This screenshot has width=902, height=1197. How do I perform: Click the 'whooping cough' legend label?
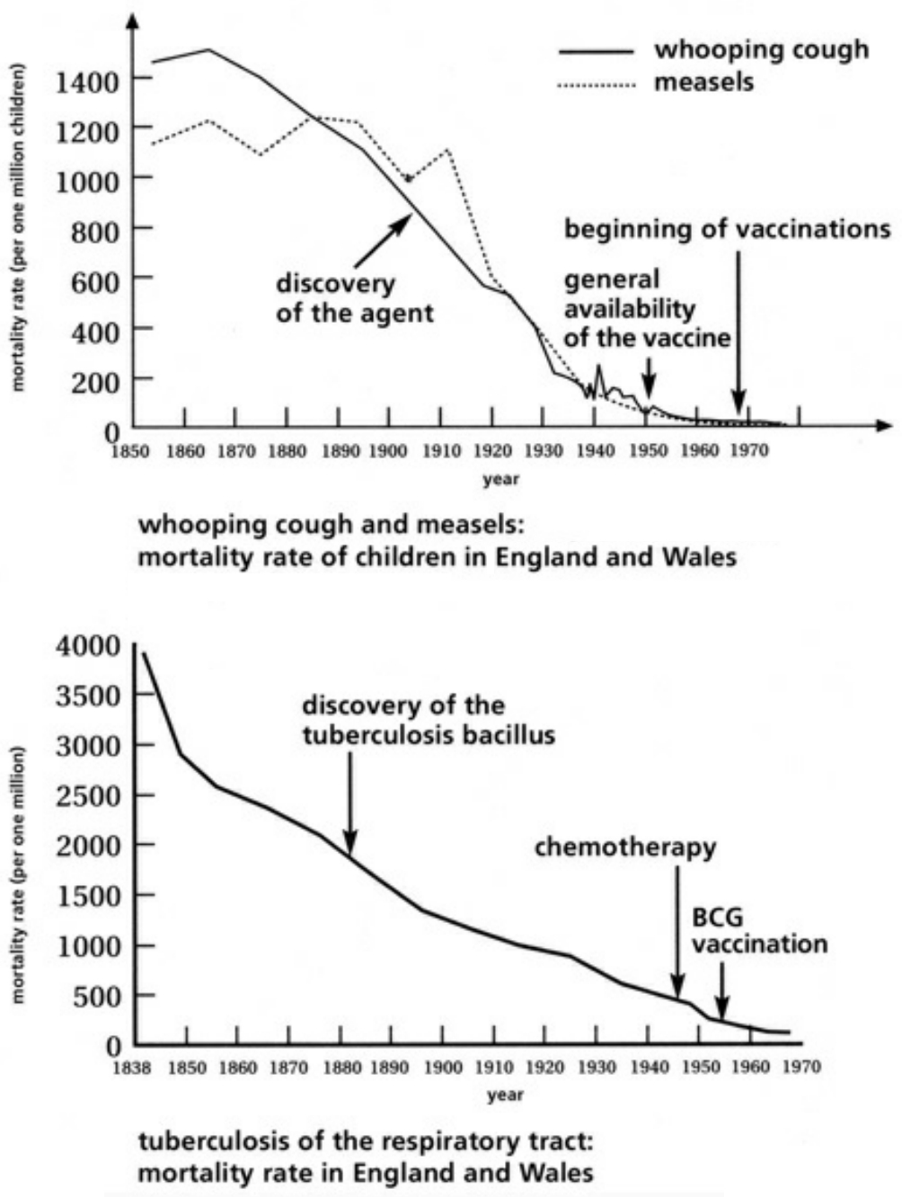[x=761, y=49]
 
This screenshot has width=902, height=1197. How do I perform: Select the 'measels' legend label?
[x=703, y=83]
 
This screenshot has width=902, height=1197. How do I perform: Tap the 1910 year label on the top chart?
[x=439, y=450]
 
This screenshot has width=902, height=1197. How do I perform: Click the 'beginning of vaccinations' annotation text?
[x=727, y=229]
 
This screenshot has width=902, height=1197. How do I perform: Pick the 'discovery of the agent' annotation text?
[x=354, y=298]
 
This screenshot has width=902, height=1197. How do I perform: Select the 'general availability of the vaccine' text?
[x=646, y=309]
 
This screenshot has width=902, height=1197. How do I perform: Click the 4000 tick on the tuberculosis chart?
[x=87, y=645]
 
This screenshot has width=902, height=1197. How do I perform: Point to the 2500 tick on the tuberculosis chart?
[x=87, y=795]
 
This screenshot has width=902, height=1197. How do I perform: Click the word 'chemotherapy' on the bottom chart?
[x=625, y=847]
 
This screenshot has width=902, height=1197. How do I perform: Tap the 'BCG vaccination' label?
[x=759, y=931]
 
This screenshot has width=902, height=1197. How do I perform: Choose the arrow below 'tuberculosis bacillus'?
[x=350, y=804]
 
